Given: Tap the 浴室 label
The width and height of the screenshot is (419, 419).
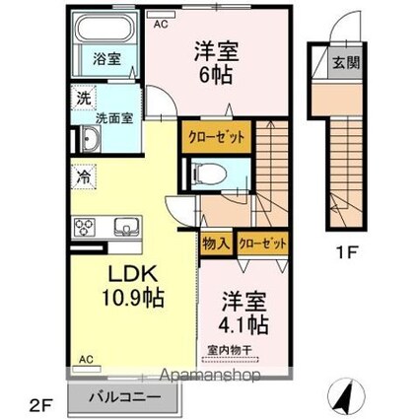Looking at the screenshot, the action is click(106, 59).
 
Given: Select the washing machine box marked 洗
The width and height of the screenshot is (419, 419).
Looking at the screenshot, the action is click(84, 99).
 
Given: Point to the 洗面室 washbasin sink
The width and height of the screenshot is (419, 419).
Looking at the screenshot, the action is click(91, 139).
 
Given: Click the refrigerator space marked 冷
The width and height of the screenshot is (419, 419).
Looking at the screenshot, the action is click(84, 177).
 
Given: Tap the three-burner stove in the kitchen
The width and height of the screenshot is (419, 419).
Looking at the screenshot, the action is click(85, 227).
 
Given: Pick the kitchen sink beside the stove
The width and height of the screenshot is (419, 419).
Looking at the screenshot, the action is click(126, 227).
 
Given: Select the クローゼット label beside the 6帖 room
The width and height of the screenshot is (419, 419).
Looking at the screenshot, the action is click(217, 137).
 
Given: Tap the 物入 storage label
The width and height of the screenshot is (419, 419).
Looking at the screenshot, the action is click(215, 244).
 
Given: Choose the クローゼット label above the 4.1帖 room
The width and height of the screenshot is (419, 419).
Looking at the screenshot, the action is click(262, 244).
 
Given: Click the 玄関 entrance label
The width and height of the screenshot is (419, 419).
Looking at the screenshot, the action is click(346, 62).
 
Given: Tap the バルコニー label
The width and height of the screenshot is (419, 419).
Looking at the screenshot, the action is click(125, 397).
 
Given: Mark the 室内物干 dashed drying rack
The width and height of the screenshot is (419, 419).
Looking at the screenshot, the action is click(230, 360).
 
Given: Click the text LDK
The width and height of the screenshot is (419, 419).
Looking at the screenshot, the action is click(132, 274).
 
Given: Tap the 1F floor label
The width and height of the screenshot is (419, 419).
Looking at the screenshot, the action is click(346, 252).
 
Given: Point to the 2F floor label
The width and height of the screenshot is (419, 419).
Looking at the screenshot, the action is click(41, 407).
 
